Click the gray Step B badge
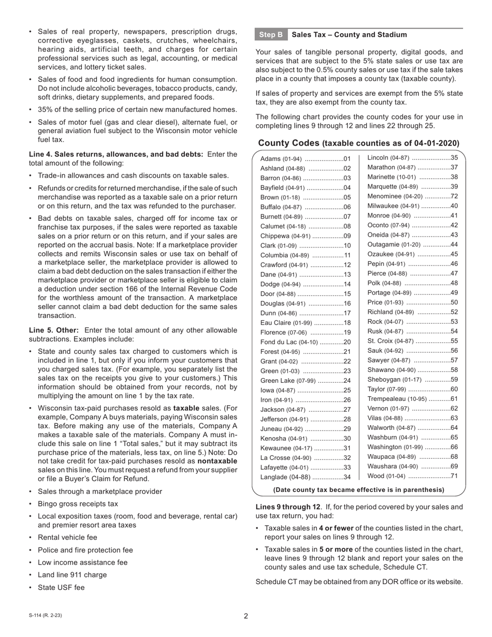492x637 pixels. click(271, 35)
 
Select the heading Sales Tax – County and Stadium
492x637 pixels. click(349, 35)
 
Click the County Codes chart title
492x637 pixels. click(358, 143)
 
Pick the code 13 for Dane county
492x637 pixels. click(347, 275)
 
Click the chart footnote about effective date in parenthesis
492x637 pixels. click(358, 490)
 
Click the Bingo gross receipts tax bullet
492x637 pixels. click(78, 504)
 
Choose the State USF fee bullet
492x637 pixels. click(61, 588)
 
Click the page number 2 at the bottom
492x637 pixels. click(246, 616)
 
